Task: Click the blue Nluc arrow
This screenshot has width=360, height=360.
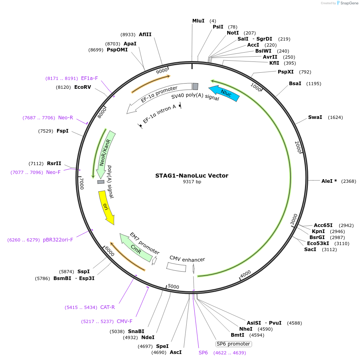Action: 224,93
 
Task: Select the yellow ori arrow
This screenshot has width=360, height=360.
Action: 106,207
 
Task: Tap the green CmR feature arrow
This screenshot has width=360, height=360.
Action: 136,248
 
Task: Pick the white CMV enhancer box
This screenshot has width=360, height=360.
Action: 176,267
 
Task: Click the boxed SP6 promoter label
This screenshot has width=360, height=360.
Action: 234,344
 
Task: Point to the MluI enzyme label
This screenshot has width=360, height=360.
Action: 198,20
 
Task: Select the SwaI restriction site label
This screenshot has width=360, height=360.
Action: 315,117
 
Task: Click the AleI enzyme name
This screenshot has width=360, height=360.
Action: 327,181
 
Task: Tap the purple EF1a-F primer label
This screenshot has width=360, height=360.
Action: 89,78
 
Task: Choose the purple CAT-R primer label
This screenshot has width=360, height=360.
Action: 108,307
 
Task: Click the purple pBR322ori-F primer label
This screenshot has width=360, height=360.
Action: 58,240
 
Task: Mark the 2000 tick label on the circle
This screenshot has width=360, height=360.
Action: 298,147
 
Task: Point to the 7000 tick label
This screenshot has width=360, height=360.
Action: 81,184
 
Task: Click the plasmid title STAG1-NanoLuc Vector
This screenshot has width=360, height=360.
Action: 192,176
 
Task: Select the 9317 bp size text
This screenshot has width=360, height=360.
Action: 192,182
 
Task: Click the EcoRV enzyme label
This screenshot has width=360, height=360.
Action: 83,87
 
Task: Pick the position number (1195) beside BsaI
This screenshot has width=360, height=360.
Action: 313,84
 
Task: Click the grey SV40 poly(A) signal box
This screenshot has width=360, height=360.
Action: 195,86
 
